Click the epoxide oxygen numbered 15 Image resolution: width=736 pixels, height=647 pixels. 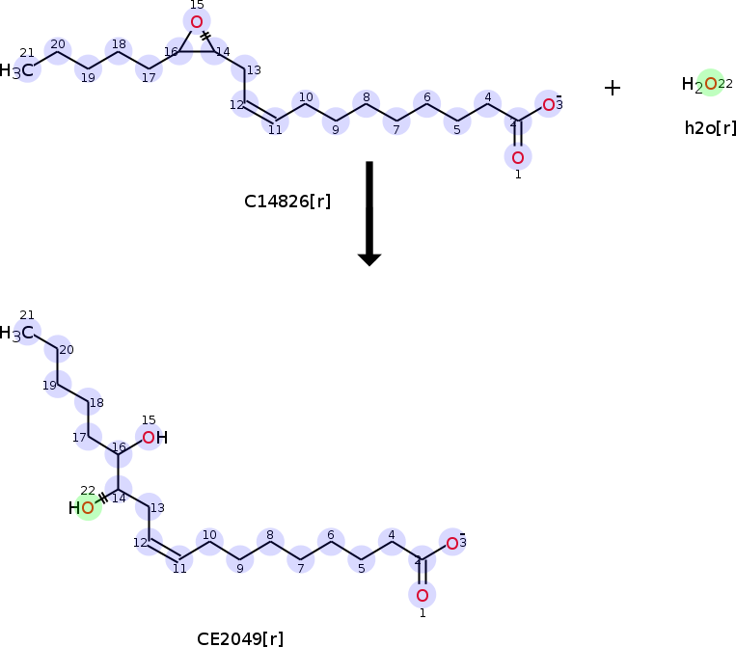197,21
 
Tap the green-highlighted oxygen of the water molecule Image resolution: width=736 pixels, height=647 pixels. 711,84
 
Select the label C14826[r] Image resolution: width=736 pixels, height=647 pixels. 287,202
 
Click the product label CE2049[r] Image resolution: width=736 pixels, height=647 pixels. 240,637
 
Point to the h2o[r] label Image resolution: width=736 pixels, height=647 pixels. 710,127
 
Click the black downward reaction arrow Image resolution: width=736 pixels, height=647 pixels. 369,212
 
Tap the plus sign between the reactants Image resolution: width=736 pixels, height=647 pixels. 613,88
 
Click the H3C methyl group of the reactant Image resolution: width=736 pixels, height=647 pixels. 20,70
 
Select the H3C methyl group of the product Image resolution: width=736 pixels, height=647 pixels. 20,333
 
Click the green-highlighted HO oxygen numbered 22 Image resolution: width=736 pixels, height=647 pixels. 88,507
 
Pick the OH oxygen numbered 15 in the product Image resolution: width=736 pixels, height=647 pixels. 149,438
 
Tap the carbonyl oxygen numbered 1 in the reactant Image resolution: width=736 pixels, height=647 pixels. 518,157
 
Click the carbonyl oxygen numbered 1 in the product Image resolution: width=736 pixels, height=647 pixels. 422,594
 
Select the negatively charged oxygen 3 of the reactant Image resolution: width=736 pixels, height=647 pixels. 548,104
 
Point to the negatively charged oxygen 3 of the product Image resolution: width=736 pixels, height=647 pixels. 451,542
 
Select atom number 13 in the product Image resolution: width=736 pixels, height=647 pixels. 150,507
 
